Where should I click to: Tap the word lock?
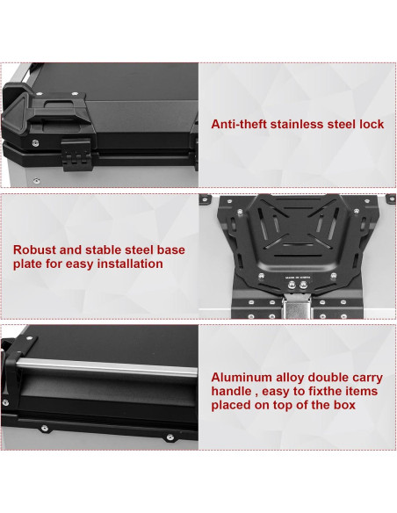tap(372, 125)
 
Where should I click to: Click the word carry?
tap(367, 379)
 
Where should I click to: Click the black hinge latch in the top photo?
tap(76, 154)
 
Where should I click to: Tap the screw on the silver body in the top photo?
tap(37, 180)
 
